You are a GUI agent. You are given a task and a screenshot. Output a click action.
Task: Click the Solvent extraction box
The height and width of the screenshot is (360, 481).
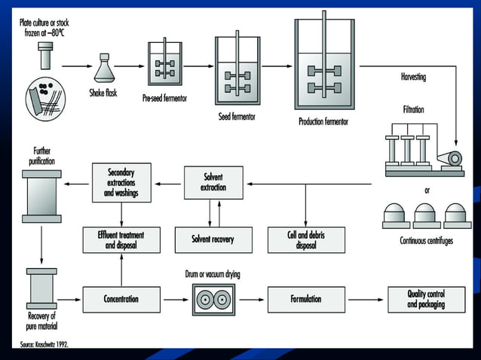[213, 182]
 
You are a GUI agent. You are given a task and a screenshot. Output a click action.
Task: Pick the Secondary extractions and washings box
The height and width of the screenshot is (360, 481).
[121, 182]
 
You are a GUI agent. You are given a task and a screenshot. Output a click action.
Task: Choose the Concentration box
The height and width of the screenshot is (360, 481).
[121, 299]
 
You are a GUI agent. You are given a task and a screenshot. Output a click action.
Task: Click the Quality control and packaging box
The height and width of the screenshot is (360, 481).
[426, 299]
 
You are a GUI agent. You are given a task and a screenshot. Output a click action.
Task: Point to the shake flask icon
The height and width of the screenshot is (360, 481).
[104, 69]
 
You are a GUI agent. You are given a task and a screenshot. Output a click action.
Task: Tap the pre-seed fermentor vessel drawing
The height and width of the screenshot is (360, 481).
[164, 68]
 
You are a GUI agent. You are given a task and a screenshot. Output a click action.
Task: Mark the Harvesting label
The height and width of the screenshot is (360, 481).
[417, 78]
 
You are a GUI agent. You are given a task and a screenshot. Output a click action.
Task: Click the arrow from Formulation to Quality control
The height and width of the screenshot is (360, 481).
[366, 299]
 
